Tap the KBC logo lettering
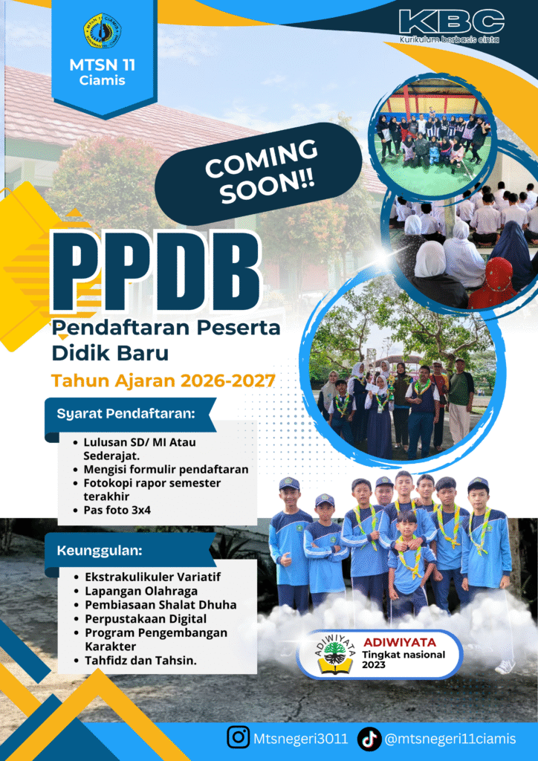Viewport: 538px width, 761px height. [x=452, y=22]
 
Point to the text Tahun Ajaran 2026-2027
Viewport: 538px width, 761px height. [x=163, y=381]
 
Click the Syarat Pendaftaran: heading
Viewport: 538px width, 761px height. [x=126, y=414]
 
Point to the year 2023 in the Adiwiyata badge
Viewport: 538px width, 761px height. [x=373, y=664]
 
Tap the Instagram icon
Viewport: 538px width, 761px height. [x=239, y=737]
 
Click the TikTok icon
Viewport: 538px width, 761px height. [x=369, y=739]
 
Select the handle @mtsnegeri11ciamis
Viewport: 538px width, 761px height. [x=450, y=739]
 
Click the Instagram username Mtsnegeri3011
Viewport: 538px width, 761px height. [x=300, y=739]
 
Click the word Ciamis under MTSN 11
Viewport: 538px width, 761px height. [x=103, y=80]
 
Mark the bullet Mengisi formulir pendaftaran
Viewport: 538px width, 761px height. [x=166, y=470]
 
